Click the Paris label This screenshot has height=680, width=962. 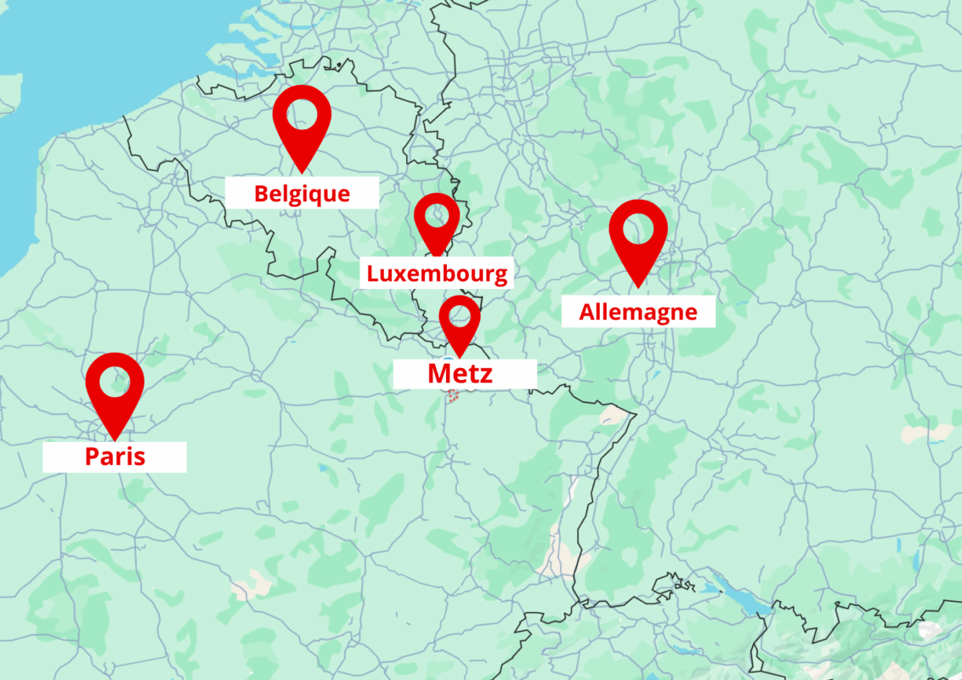coord(115,456)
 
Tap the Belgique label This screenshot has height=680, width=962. coord(302,193)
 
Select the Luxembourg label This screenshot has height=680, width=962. coord(437,274)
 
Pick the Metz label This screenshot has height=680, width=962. coord(460,373)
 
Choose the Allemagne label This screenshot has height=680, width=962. coord(638,312)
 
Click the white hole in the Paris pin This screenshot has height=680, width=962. coord(115,382)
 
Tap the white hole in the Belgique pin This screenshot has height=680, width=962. coord(302,113)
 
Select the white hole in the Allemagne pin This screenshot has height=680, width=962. coord(638,228)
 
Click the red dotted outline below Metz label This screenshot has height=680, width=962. coord(453,395)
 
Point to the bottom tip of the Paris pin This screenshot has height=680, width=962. coord(115,439)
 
